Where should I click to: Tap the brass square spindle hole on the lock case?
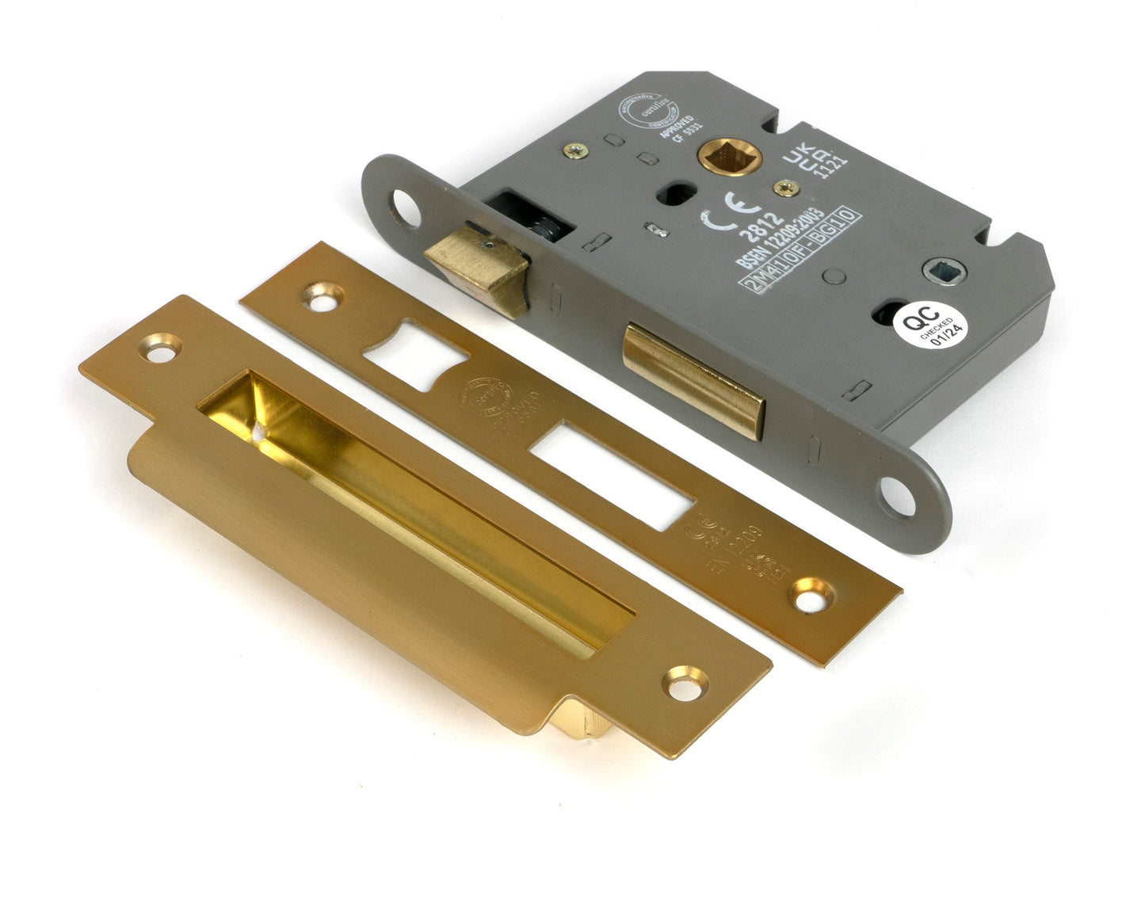point(729,159)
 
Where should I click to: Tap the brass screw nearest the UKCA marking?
point(786,188)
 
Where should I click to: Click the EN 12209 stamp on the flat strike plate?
point(733,547)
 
